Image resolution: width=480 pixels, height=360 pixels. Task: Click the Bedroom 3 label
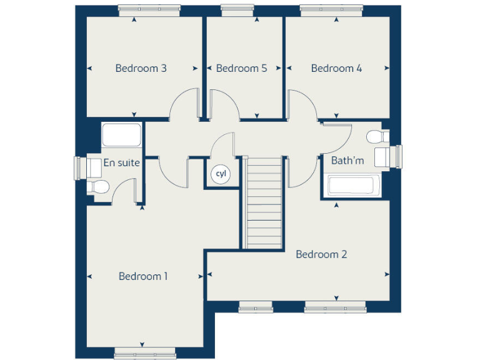click(141, 68)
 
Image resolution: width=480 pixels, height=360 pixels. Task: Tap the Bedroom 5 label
click(241, 68)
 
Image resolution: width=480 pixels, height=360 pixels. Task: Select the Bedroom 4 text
click(336, 68)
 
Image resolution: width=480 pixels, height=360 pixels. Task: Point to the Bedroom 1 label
click(143, 276)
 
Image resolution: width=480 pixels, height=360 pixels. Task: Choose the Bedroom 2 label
click(321, 254)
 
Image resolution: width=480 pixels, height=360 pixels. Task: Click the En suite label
click(121, 162)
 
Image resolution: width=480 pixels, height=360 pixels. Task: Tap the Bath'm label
click(347, 161)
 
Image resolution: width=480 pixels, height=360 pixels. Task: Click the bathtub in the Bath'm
click(351, 185)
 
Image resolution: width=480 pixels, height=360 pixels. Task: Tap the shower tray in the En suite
click(122, 135)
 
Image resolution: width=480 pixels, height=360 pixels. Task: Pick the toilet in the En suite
click(98, 186)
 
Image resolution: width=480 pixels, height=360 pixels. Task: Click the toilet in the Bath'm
click(376, 136)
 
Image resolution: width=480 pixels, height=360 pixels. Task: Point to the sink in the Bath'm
click(383, 156)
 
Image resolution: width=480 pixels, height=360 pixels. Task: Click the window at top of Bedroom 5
click(237, 10)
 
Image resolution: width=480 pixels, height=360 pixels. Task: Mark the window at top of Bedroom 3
click(149, 10)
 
